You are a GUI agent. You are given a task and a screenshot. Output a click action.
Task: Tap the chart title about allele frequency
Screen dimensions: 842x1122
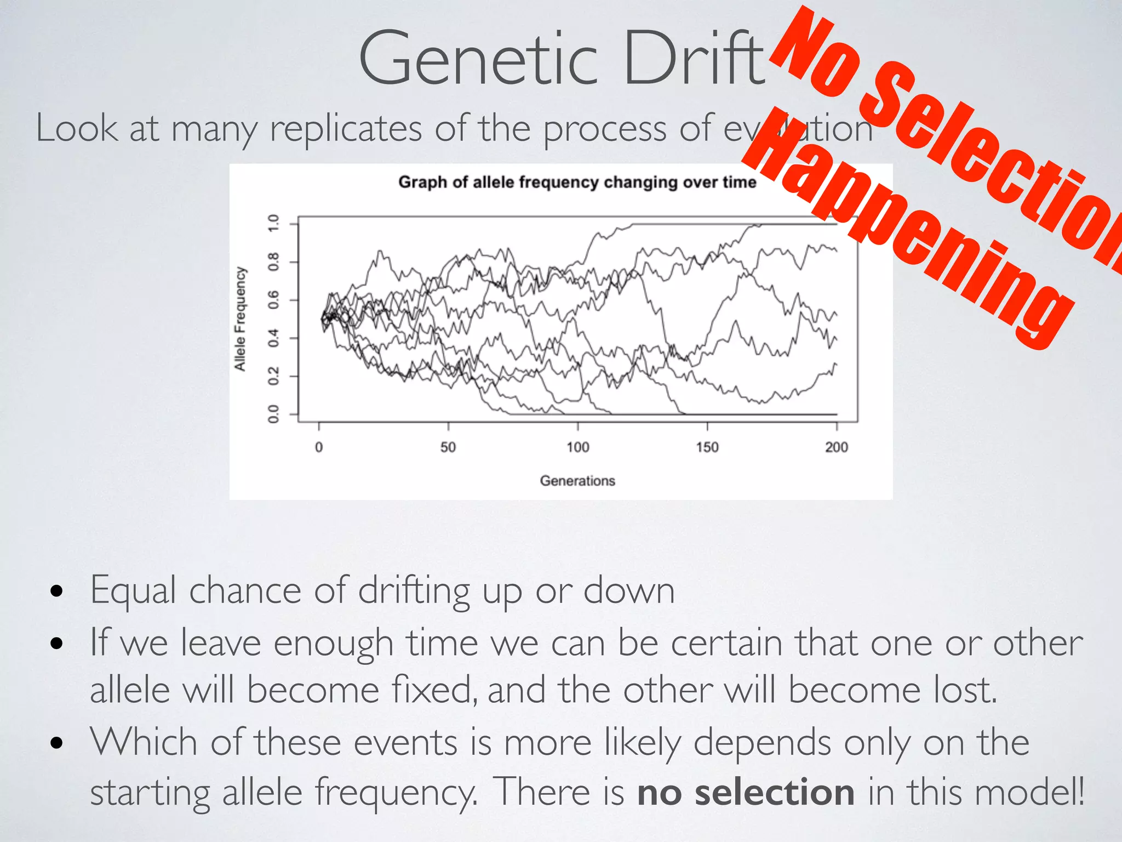tap(577, 182)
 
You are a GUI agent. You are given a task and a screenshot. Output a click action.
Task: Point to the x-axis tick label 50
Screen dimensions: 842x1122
tap(448, 447)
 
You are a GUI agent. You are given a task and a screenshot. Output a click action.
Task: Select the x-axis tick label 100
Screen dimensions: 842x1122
tap(577, 447)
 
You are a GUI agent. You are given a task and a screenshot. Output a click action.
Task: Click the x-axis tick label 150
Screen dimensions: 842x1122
tap(707, 447)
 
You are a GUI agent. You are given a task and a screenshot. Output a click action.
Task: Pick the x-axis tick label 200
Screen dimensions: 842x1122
tap(836, 447)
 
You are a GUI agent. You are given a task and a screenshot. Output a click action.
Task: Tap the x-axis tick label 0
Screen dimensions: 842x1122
tap(319, 447)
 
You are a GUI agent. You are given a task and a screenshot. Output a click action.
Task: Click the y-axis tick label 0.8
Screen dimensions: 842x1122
tap(273, 261)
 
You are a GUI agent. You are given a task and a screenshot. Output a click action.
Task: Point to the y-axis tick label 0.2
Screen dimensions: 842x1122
tap(273, 376)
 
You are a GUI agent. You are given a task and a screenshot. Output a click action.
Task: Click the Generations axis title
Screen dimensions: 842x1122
tap(577, 481)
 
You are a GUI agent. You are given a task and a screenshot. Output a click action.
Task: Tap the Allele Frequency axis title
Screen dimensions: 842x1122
tap(240, 318)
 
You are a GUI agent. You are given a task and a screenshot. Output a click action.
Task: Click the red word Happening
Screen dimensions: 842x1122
tap(909, 230)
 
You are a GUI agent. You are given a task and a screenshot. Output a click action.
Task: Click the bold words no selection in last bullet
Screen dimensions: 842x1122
tap(746, 793)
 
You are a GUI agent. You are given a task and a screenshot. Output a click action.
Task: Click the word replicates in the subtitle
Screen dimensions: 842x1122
tap(346, 129)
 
